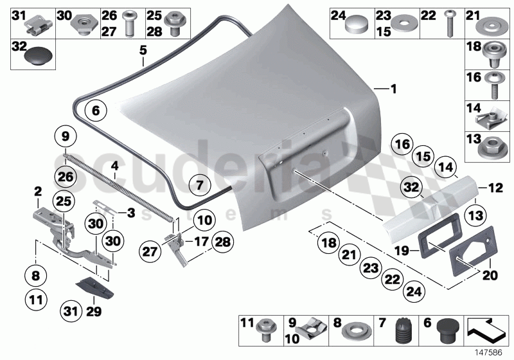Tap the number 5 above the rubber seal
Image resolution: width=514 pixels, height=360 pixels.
click(143, 49)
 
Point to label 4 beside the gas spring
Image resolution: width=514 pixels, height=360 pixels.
click(114, 165)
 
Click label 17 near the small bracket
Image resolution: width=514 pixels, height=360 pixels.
click(201, 242)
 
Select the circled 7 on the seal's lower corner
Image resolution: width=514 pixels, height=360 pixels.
click(199, 186)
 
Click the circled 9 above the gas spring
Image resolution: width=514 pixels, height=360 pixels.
click(65, 136)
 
